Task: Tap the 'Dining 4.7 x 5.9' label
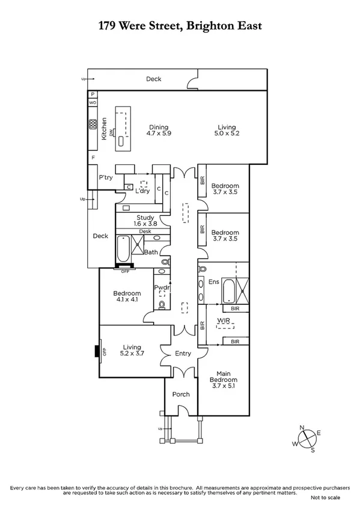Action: (x=159, y=131)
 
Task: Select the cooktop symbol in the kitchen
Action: (x=93, y=126)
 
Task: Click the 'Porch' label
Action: (x=180, y=395)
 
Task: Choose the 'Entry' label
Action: (x=182, y=354)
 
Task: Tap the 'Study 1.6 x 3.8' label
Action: (x=145, y=221)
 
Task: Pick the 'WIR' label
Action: (x=225, y=321)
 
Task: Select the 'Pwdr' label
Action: (x=161, y=288)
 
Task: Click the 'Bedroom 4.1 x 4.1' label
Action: (x=126, y=296)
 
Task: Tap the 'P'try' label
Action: (x=106, y=177)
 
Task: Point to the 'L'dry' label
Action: (x=142, y=191)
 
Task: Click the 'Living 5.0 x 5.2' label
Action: (x=227, y=131)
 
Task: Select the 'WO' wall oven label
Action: (x=93, y=103)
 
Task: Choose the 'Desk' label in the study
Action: (x=145, y=232)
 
